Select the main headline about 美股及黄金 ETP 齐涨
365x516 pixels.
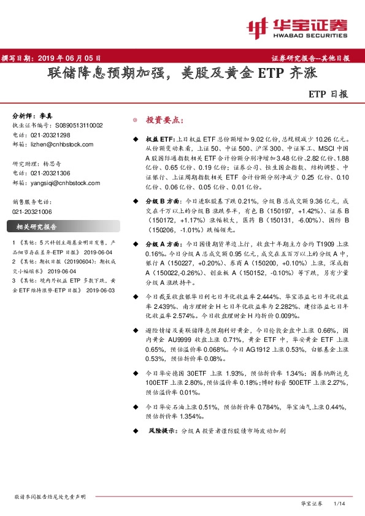(182, 75)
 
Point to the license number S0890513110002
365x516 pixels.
(76, 125)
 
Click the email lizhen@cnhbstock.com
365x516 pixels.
(63, 145)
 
